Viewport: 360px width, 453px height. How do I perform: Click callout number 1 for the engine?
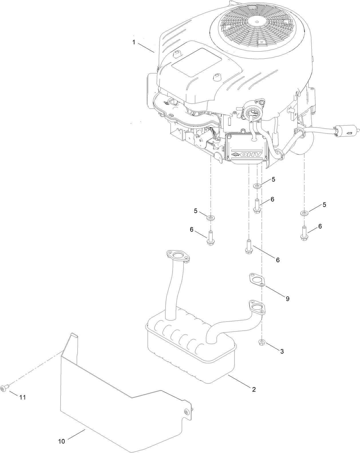click(134, 42)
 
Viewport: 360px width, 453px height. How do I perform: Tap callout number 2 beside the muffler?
click(254, 389)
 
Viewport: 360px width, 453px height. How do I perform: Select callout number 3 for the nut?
click(282, 351)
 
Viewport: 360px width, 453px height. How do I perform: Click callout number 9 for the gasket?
click(287, 299)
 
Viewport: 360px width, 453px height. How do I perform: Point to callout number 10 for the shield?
click(62, 441)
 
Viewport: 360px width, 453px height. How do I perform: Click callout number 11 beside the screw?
click(23, 397)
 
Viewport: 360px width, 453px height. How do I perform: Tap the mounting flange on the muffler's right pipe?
click(257, 307)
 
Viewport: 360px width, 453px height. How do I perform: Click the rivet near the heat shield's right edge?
click(187, 412)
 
